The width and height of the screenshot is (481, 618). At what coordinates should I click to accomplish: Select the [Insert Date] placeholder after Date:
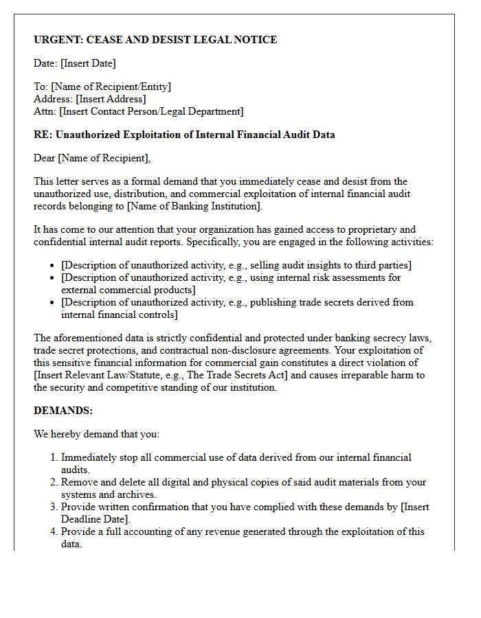point(88,63)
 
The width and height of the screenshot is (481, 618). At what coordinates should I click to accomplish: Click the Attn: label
point(45,111)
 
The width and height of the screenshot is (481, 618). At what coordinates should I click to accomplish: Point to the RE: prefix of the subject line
point(43,135)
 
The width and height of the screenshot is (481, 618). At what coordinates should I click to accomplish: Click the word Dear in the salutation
point(45,158)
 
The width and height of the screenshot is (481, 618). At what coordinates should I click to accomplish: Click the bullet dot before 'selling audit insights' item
point(53,266)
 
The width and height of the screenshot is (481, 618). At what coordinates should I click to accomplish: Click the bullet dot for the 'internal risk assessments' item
point(53,278)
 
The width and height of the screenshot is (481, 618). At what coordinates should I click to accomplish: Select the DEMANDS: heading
point(63,411)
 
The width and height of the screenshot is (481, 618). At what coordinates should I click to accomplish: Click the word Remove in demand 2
point(79,482)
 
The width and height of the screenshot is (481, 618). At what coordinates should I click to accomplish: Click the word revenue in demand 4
point(214,531)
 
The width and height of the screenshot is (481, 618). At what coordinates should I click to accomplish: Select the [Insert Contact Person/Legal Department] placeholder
point(151,111)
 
